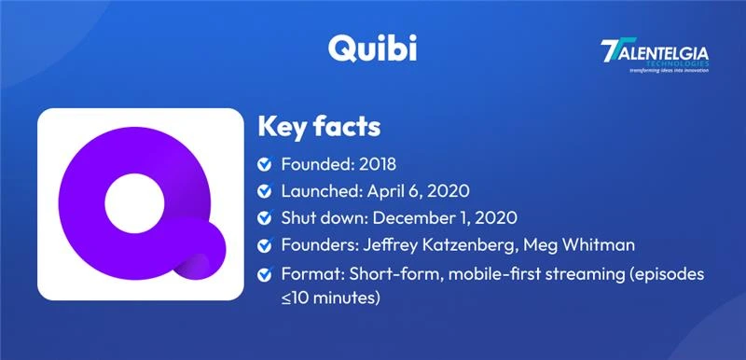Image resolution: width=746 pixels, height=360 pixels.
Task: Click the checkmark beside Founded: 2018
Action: pyautogui.click(x=265, y=165)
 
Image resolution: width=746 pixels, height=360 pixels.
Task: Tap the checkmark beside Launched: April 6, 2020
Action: pyautogui.click(x=265, y=192)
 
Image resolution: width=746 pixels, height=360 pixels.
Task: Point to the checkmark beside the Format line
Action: pyautogui.click(x=265, y=276)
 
